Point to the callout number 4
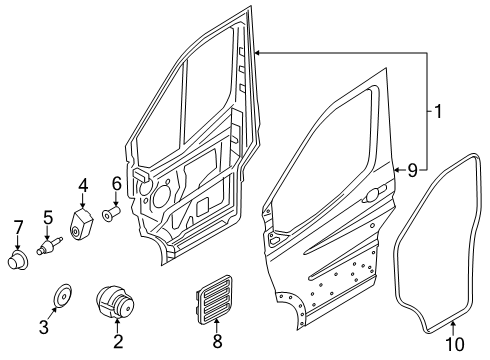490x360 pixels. [x=84, y=184]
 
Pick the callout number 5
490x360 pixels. [x=46, y=217]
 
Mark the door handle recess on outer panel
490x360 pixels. [x=377, y=193]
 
